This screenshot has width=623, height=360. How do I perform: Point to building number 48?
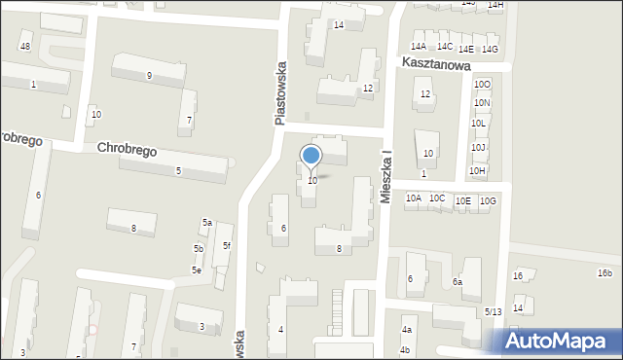tap(25, 47)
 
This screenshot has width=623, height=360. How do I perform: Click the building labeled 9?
tap(149, 76)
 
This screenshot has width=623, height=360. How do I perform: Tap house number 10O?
tap(482, 86)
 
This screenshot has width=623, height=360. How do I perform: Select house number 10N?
tap(482, 103)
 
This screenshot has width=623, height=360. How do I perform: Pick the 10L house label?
tap(478, 124)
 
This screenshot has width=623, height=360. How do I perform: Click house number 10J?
tap(478, 148)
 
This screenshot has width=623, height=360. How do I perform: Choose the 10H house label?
tap(477, 171)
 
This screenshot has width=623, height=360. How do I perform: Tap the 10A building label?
tap(414, 198)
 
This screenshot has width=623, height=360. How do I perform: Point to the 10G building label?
tap(488, 201)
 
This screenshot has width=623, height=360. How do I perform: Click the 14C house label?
tap(445, 47)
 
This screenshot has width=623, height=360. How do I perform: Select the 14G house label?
tap(491, 50)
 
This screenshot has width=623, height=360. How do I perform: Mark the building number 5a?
tap(207, 223)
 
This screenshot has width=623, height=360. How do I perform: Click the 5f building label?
tap(227, 246)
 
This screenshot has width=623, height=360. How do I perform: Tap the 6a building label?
tap(457, 282)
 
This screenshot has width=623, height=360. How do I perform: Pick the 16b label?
tap(605, 273)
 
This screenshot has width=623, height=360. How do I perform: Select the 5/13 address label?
tap(494, 311)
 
